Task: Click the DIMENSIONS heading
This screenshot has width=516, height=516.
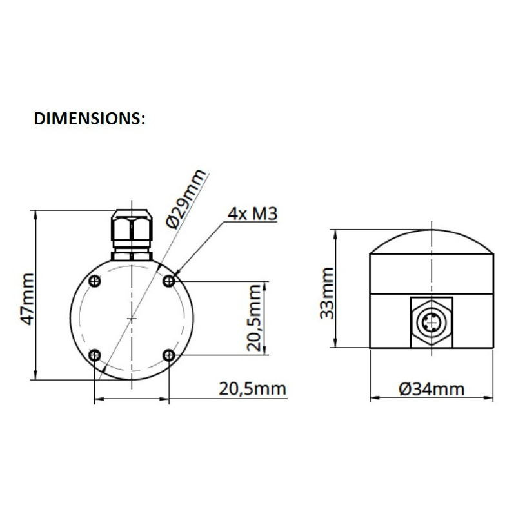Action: click(89, 119)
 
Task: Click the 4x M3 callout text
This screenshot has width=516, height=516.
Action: click(252, 213)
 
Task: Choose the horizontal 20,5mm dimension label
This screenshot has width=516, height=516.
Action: click(252, 388)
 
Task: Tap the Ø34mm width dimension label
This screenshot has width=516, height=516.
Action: click(431, 388)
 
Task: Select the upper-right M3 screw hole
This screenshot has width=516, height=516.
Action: click(169, 281)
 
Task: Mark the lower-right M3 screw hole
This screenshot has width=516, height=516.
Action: click(169, 355)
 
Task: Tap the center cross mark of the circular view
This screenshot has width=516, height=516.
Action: click(132, 318)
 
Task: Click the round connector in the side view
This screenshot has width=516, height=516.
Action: click(430, 319)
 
